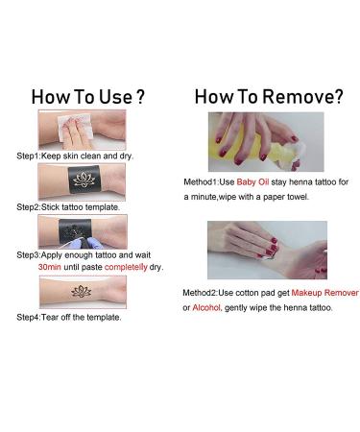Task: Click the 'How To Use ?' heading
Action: tap(88, 97)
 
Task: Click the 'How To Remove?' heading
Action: tap(269, 96)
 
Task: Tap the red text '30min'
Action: tap(50, 267)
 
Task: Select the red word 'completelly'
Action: tap(126, 267)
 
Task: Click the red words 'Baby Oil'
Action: tap(252, 182)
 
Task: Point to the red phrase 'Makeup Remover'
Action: tap(324, 293)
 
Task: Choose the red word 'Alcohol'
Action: tap(206, 307)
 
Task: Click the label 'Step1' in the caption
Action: tap(28, 156)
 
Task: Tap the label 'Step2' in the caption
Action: tap(28, 207)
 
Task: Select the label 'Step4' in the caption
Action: tap(28, 318)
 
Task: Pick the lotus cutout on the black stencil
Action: tap(84, 180)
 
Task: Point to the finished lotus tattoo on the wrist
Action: tap(81, 292)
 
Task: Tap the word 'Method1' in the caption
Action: tap(201, 182)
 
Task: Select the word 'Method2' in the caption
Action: tap(200, 293)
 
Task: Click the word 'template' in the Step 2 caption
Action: tap(103, 207)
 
